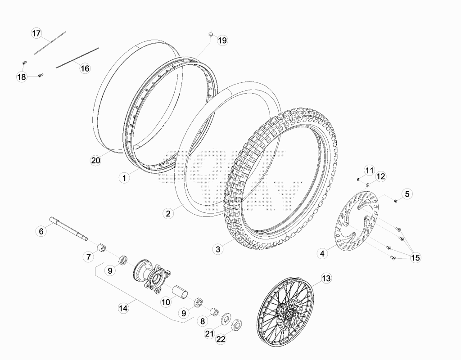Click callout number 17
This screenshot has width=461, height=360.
36,33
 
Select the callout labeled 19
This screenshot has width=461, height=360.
222,40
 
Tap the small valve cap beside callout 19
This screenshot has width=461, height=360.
211,35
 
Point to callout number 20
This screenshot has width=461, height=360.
95,161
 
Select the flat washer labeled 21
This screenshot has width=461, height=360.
226,318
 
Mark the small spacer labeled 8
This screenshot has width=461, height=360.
214,311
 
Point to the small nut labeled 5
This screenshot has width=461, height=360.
396,201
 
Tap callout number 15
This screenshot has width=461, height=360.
416,258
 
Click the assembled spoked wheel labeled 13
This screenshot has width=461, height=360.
285,312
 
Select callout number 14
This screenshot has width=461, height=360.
123,308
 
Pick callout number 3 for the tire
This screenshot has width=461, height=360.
218,249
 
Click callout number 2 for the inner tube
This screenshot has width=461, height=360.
168,213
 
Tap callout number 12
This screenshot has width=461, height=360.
380,176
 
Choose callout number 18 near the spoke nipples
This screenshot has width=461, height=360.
22,77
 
